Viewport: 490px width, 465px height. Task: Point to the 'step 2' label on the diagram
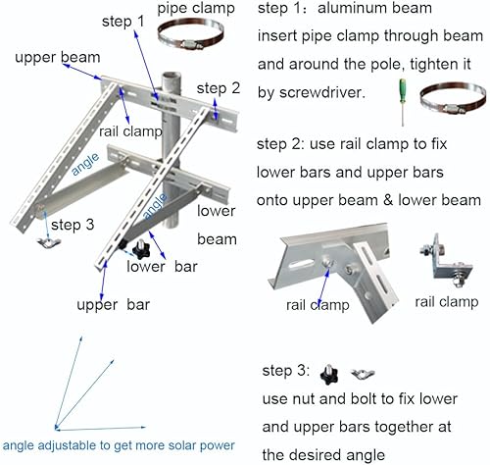click(218, 88)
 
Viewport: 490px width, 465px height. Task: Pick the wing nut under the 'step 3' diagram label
click(43, 241)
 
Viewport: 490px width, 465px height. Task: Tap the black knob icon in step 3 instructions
click(329, 374)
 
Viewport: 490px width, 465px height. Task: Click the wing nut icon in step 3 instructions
click(352, 375)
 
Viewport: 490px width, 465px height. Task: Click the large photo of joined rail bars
click(333, 260)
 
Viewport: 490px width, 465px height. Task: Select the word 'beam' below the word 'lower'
click(217, 238)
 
